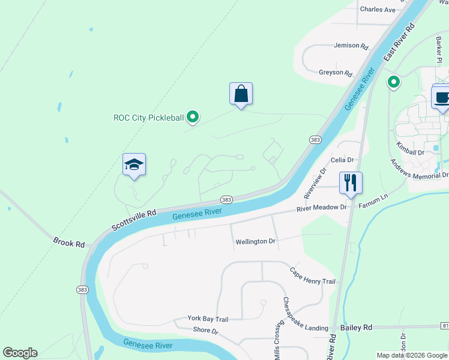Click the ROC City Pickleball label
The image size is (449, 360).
pyautogui.click(x=148, y=118)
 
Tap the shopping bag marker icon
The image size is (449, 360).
pyautogui.click(x=241, y=94)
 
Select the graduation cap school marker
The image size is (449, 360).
pyautogui.click(x=134, y=165)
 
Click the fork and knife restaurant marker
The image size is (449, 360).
pyautogui.click(x=351, y=182)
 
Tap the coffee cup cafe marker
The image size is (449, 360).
pyautogui.click(x=441, y=97)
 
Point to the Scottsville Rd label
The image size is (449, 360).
pyautogui.click(x=133, y=220)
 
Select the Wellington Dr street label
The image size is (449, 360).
pyautogui.click(x=255, y=241)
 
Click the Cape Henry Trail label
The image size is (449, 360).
pyautogui.click(x=312, y=276)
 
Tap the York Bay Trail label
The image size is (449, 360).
pyautogui.click(x=208, y=319)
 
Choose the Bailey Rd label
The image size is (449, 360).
pyautogui.click(x=356, y=327)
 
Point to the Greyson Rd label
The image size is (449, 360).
pyautogui.click(x=335, y=73)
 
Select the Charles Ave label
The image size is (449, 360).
pyautogui.click(x=378, y=10)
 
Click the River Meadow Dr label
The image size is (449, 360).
pyautogui.click(x=322, y=208)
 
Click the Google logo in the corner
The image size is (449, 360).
pyautogui.click(x=20, y=353)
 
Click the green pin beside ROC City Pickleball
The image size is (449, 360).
pyautogui.click(x=192, y=117)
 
